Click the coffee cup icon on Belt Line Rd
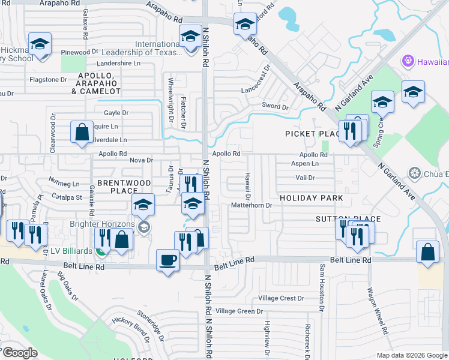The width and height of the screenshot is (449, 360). [167, 260]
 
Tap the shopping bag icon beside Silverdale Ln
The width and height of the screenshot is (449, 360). [81, 132]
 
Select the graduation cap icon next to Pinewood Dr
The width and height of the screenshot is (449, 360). [40, 44]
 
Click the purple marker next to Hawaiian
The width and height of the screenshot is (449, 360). [408, 61]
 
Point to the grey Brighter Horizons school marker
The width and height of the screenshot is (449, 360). [143, 227]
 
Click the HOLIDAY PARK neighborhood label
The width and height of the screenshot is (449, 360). [312, 198]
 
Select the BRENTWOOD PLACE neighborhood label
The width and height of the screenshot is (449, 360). [116, 187]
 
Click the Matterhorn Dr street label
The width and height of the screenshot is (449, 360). [252, 205]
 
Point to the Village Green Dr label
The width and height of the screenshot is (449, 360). [240, 311]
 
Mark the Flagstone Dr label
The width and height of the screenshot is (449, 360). [48, 79]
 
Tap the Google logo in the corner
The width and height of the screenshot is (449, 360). [20, 353]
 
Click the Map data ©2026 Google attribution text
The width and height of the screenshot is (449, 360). [412, 355]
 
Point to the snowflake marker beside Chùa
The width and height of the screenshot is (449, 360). [414, 174]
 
